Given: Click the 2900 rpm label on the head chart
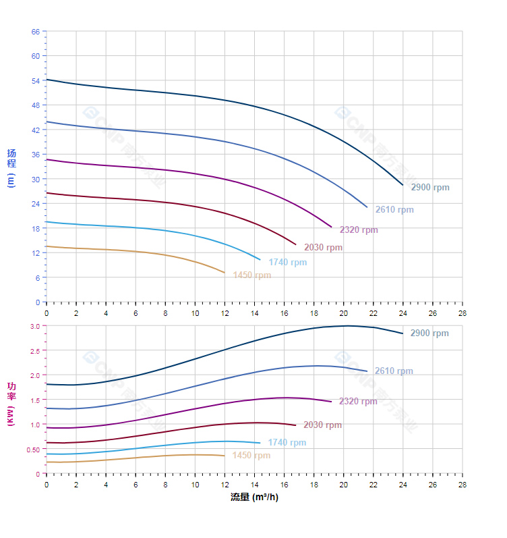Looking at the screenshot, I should [429, 188].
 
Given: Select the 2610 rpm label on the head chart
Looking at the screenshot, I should [394, 210].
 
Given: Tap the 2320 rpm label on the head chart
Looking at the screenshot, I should [359, 230].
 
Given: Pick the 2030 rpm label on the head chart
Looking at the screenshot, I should [323, 248].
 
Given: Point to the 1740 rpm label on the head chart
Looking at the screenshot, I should [287, 263].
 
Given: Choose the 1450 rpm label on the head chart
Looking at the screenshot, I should [251, 275].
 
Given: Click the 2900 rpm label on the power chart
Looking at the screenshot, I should [429, 333].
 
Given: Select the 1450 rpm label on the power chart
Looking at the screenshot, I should [251, 456].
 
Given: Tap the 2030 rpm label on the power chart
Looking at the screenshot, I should [322, 425].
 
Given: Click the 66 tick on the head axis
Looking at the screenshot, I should [36, 32].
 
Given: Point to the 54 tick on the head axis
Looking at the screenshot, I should [36, 81].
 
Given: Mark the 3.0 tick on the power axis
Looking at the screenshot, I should [36, 326].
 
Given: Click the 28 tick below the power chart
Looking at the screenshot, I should [463, 484].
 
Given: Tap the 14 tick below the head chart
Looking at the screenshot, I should [254, 313].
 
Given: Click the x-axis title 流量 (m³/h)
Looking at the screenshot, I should [254, 497].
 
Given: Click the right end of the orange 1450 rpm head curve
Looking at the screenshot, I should [225, 273].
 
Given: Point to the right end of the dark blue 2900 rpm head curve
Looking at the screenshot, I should [402, 185].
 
